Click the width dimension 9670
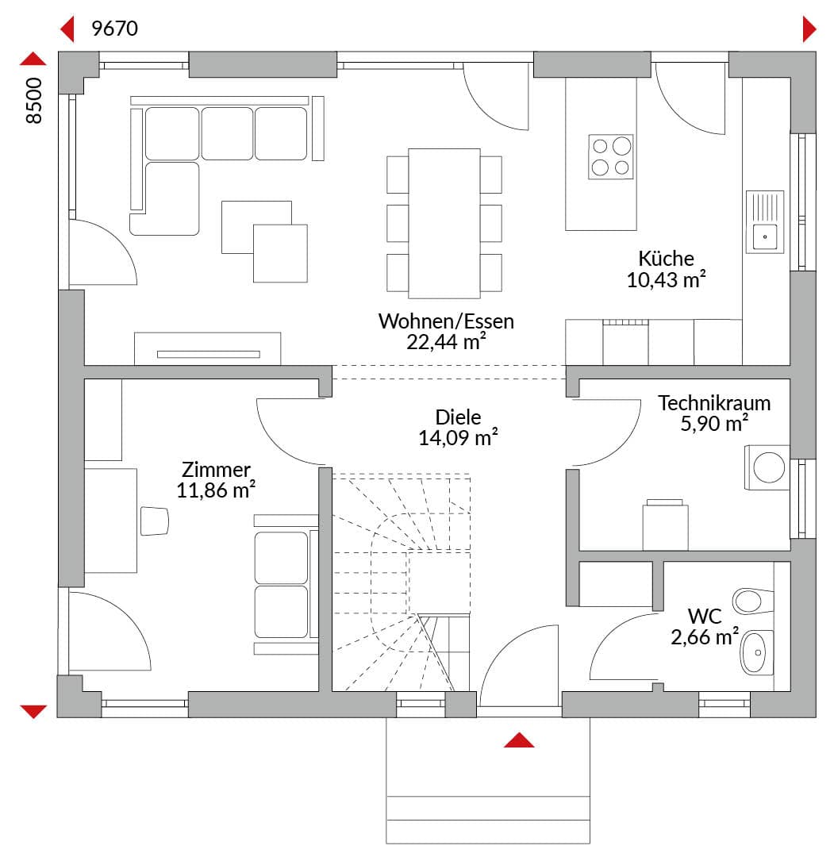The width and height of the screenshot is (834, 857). click(x=114, y=29)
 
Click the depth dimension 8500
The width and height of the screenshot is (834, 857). click(x=34, y=101)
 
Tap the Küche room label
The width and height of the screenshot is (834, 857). click(x=666, y=258)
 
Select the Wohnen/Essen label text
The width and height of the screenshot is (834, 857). click(x=446, y=321)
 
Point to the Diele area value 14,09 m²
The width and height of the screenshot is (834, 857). click(x=458, y=438)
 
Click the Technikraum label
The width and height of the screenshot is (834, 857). click(x=713, y=403)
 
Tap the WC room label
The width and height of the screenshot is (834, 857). click(x=705, y=616)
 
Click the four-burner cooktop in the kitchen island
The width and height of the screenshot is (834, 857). click(x=610, y=157)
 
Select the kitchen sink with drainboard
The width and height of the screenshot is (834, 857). click(x=765, y=221)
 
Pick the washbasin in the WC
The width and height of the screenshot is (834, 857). click(x=756, y=652)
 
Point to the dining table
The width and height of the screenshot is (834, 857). click(x=444, y=223)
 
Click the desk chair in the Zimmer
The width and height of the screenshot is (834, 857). click(x=155, y=521)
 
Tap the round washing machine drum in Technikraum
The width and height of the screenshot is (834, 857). click(x=769, y=468)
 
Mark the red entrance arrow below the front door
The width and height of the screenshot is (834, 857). click(x=519, y=740)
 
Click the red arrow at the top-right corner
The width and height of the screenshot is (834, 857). click(x=809, y=29)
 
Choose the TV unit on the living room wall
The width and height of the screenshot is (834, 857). click(x=208, y=348)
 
